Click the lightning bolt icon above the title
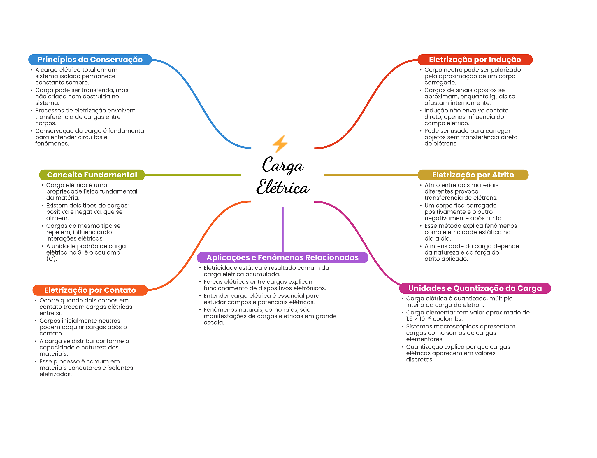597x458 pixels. [x=280, y=144]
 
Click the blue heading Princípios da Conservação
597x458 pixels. [x=90, y=60]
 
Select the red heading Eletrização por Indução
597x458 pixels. [x=475, y=60]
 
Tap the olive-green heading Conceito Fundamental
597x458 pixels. [x=92, y=175]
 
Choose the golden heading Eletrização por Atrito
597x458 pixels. [x=473, y=175]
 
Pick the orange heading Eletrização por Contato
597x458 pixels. [x=90, y=290]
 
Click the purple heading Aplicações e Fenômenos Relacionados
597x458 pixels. [x=282, y=257]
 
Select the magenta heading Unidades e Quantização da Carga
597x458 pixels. [x=475, y=288]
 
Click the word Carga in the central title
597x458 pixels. [x=283, y=165]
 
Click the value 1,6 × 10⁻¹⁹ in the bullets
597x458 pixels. [x=419, y=319]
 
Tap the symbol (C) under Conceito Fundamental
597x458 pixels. [x=51, y=259]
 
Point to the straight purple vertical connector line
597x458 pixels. [x=282, y=229]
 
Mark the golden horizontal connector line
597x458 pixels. [x=371, y=175]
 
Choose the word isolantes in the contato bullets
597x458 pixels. [x=120, y=368]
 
